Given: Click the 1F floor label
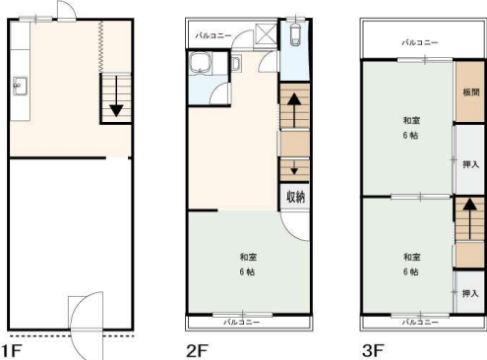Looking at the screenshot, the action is (11, 351).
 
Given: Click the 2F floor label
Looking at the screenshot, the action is (197, 351).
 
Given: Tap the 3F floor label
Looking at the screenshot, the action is (373, 351).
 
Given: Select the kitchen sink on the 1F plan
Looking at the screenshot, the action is (21, 86).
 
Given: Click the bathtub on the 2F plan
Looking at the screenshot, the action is (201, 63).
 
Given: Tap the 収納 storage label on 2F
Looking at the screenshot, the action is (296, 197).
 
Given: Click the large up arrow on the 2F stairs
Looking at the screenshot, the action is (294, 110).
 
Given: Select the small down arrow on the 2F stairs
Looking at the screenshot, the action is (294, 167).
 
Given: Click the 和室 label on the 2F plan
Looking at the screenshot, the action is (248, 257).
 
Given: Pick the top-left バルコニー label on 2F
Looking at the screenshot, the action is (213, 35).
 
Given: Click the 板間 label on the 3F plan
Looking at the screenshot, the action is (471, 92).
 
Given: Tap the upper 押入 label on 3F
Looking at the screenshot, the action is (470, 164).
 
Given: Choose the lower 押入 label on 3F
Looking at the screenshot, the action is (470, 293).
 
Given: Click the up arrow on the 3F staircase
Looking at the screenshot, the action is (470, 218).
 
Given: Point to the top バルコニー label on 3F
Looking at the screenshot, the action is (420, 42).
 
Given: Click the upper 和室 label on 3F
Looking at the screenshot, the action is (411, 121).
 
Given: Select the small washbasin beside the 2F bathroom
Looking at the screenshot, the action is (236, 63).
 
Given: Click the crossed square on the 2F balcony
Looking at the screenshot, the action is (267, 33).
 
